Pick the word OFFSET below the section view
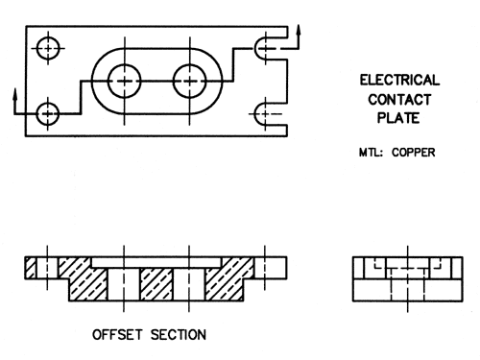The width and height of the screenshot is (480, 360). [121, 336]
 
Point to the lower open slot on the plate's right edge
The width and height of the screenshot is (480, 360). [268, 115]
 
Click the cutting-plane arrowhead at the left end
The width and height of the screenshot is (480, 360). [15, 96]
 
